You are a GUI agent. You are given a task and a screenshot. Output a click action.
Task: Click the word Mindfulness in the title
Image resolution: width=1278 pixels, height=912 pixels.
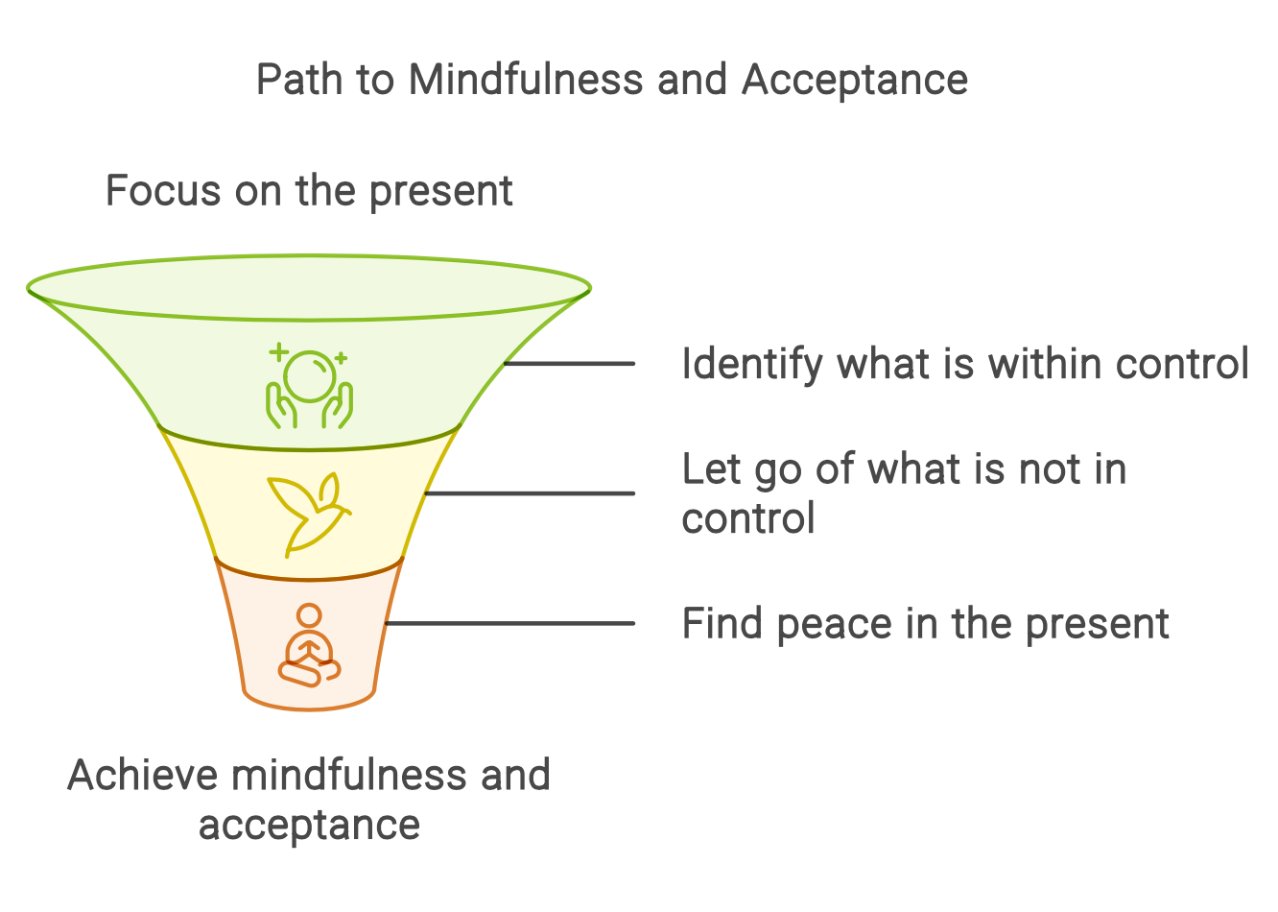coord(526,80)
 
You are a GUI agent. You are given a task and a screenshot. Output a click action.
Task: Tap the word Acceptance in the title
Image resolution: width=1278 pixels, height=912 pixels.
coord(854,80)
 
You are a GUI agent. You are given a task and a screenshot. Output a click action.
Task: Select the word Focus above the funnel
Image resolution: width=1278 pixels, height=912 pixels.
coord(162,191)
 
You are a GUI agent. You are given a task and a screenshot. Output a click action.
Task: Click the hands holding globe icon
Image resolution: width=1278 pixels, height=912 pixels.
coord(309,389)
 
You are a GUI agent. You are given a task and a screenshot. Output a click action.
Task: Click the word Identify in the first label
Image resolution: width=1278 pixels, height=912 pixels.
coord(752,365)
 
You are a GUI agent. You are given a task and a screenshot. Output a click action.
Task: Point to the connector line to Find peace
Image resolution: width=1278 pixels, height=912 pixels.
coord(509,624)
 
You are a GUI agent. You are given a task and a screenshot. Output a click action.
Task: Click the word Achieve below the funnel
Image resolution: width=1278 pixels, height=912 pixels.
coord(142,776)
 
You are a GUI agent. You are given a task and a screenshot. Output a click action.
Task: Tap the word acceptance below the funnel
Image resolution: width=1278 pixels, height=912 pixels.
coord(309,825)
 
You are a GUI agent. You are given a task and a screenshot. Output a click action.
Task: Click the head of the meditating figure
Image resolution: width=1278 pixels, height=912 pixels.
coord(309,615)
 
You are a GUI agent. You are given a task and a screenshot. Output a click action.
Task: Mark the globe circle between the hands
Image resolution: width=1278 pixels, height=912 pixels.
coord(311,376)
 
